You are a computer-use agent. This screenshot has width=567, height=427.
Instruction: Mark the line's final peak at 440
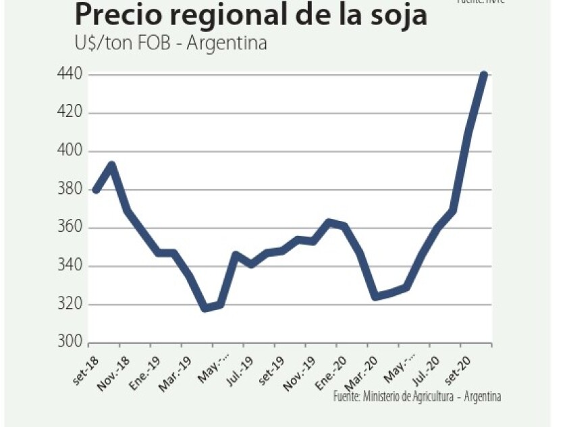point(483,74)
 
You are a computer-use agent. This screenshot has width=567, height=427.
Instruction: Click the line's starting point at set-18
point(97,190)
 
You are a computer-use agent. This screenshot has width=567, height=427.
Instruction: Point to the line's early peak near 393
point(112,165)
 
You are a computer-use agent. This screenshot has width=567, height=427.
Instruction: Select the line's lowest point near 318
point(205,309)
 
